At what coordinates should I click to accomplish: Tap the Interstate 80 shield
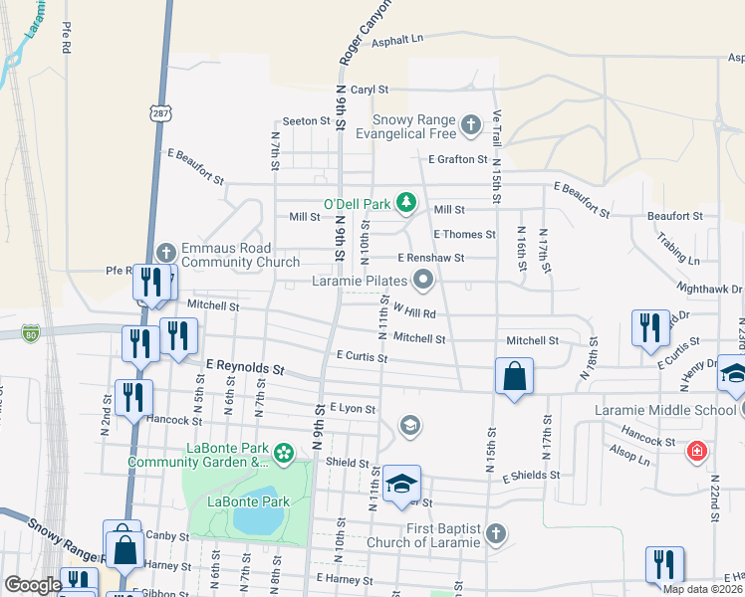point(32,332)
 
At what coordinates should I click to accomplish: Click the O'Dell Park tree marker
point(405,203)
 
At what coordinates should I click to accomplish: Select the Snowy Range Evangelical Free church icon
point(470,126)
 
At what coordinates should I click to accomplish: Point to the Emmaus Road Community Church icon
point(166,253)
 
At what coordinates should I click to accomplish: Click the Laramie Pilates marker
point(423,281)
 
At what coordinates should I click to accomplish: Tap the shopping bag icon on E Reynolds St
point(514,377)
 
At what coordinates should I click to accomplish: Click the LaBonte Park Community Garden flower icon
point(284,454)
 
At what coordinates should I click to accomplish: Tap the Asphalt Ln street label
point(398,39)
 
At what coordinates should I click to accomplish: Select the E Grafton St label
point(458,159)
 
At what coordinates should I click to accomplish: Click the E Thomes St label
point(464,235)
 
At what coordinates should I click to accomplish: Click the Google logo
point(32,585)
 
